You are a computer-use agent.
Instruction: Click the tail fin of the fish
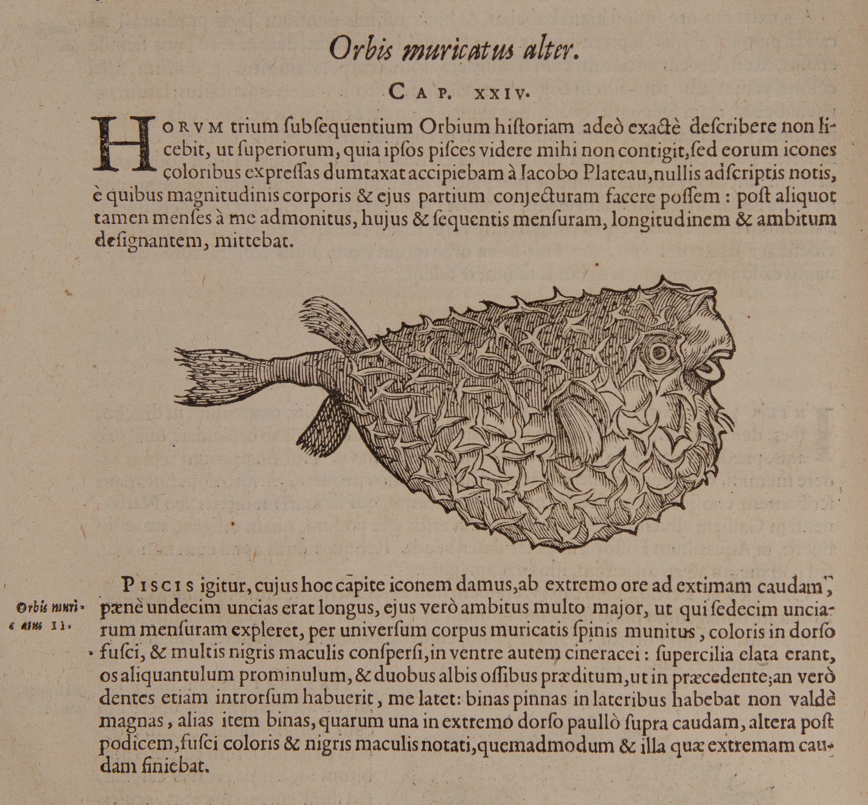click(x=209, y=375)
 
